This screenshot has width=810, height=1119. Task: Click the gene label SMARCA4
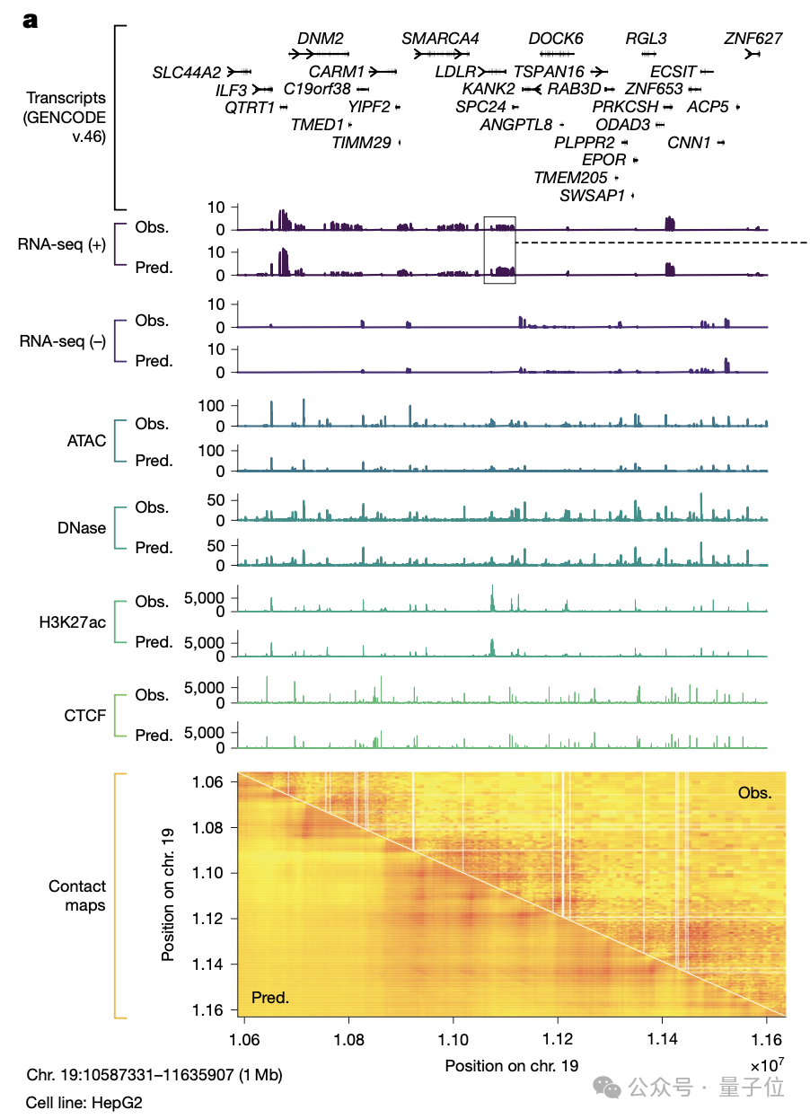pyautogui.click(x=440, y=39)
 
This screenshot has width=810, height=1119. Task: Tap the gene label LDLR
pyautogui.click(x=455, y=71)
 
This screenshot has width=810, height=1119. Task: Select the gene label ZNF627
pyautogui.click(x=753, y=39)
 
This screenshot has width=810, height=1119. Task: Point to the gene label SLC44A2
pyautogui.click(x=187, y=71)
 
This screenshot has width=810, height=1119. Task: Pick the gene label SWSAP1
pyautogui.click(x=592, y=195)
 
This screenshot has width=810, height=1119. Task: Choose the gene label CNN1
pyautogui.click(x=689, y=142)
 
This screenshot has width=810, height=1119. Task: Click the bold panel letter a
pyautogui.click(x=31, y=21)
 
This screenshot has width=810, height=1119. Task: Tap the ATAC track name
pyautogui.click(x=86, y=440)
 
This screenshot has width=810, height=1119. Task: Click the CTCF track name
pyautogui.click(x=85, y=715)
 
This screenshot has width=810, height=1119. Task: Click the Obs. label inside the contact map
pyautogui.click(x=754, y=793)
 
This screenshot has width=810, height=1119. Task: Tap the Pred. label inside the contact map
pyautogui.click(x=270, y=997)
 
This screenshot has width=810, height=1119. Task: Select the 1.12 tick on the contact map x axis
pyautogui.click(x=558, y=1037)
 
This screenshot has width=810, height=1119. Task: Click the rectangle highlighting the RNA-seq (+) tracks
pyautogui.click(x=499, y=250)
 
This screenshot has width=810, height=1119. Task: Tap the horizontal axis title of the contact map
pyautogui.click(x=512, y=1066)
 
